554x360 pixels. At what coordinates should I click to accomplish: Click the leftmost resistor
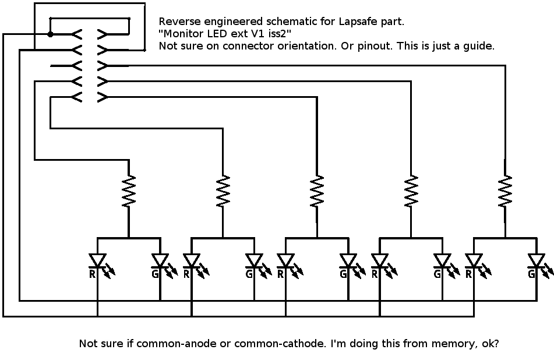[129, 192]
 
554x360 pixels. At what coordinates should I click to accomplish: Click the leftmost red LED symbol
[97, 260]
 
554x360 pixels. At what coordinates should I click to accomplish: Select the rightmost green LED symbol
[537, 260]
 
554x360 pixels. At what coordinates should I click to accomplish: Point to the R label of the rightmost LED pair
[469, 273]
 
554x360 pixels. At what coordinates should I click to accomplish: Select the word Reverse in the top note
[179, 22]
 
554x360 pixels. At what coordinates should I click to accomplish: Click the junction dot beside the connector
[51, 34]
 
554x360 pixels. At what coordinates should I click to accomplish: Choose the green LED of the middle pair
[348, 260]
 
